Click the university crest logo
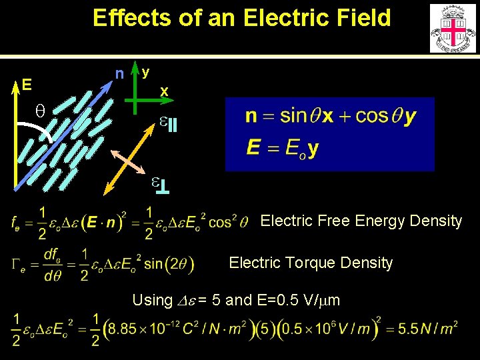click(453, 29)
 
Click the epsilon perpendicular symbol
click(160, 184)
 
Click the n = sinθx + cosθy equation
click(331, 116)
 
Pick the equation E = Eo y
click(282, 147)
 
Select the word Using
click(152, 300)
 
